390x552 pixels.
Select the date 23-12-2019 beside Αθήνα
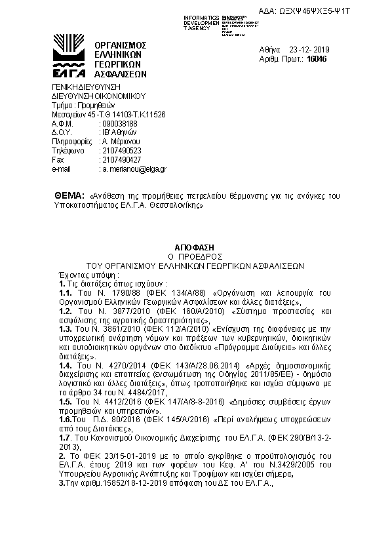311,49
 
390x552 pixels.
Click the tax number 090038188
119,123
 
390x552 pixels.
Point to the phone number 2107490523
121,150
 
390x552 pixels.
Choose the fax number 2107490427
121,159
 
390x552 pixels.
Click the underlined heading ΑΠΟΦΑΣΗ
194,243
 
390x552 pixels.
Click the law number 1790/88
113,293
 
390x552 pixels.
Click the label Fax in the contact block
58,159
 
